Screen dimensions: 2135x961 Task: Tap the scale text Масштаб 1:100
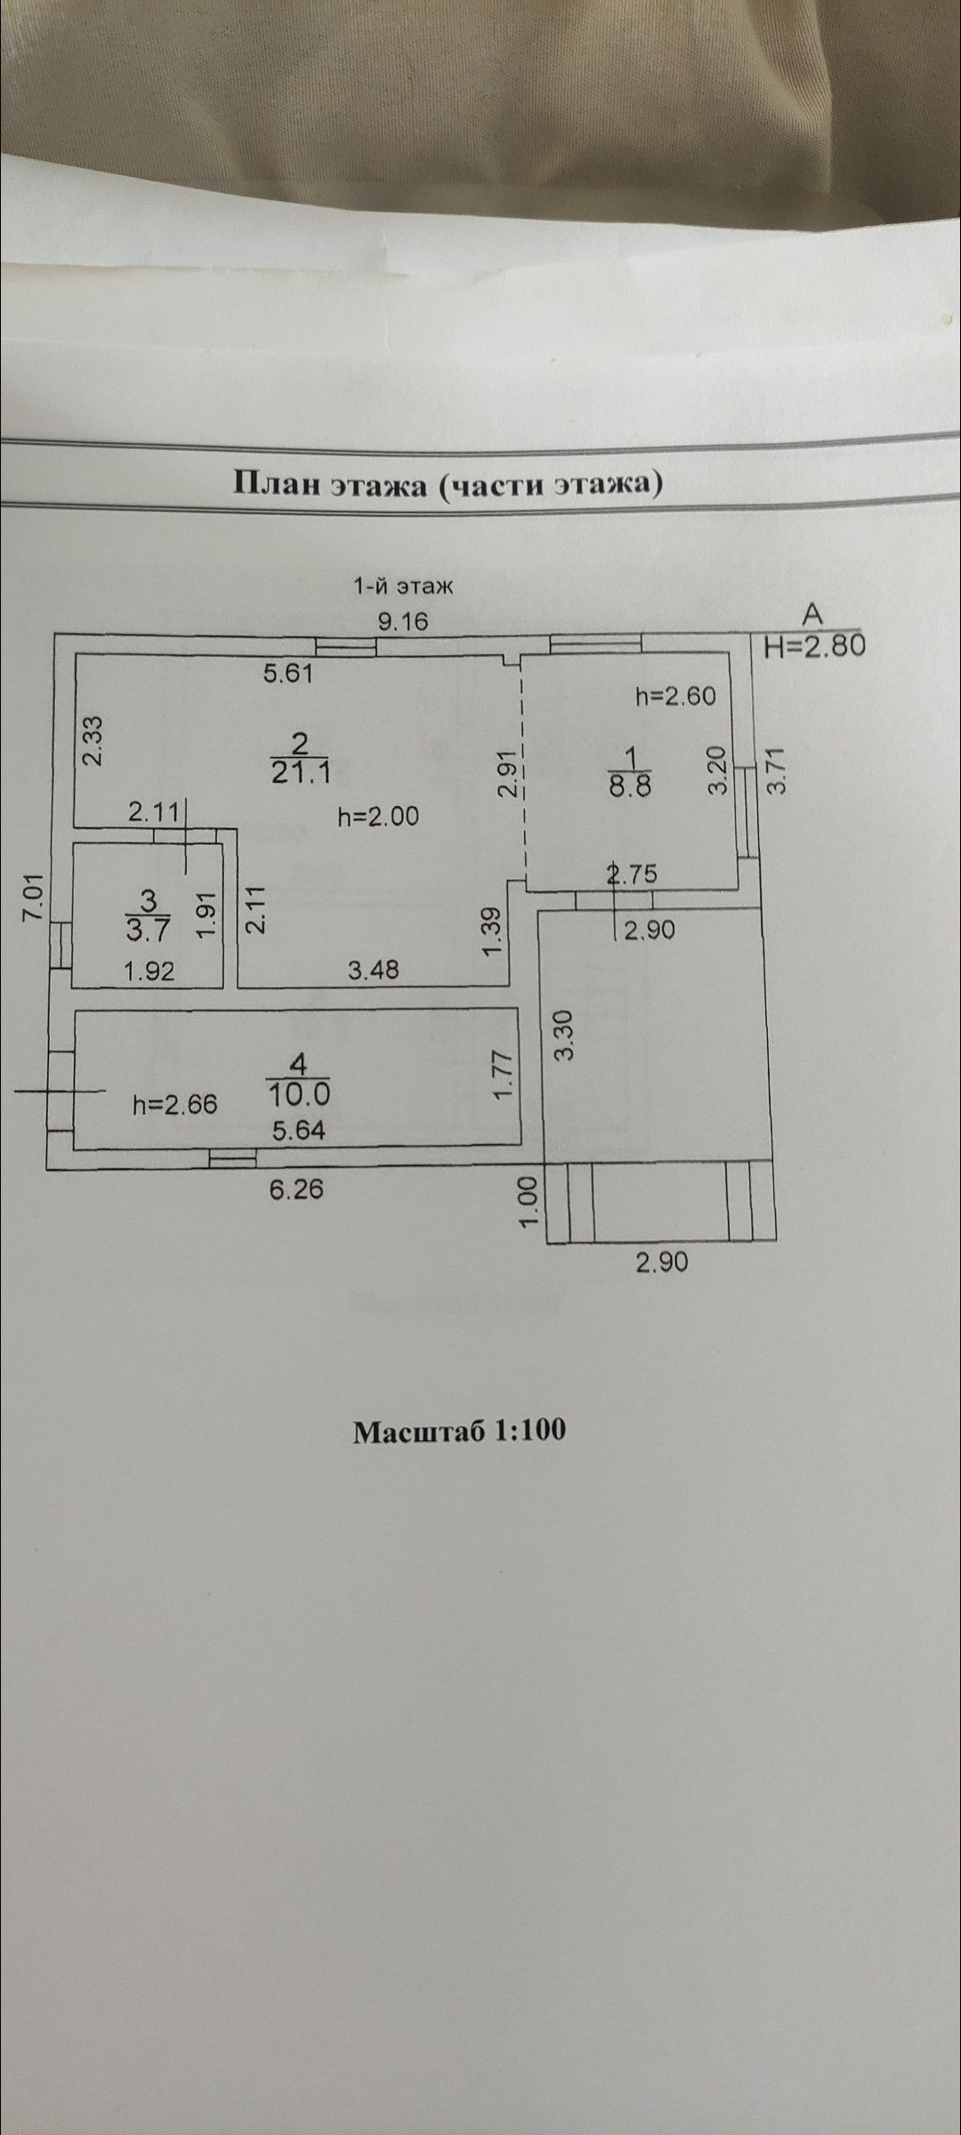tap(459, 1430)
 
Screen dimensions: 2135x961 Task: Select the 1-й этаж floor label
tap(404, 586)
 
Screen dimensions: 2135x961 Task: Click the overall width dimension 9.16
tap(403, 621)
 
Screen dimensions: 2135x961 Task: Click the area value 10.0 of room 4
tap(298, 1092)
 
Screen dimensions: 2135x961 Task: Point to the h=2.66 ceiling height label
tap(174, 1105)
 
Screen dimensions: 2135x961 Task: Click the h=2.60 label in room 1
tap(675, 696)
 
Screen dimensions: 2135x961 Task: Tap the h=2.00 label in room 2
tap(378, 816)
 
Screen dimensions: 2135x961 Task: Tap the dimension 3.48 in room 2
tap(374, 970)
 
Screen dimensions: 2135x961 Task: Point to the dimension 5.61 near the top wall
tap(288, 673)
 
